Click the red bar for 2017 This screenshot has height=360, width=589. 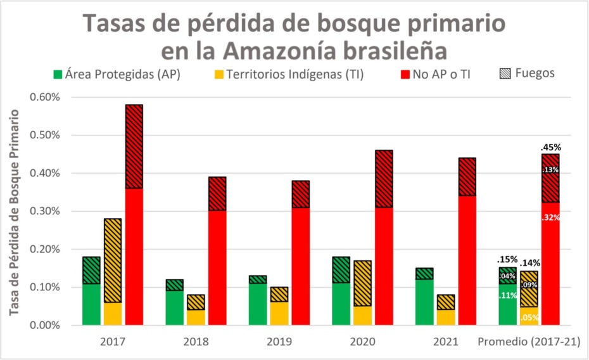(x=134, y=215)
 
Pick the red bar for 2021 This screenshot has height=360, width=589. (x=467, y=241)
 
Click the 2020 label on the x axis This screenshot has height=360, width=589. (x=362, y=342)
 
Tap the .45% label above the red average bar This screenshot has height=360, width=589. (x=551, y=147)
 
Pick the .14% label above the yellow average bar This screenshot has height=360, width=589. (x=531, y=262)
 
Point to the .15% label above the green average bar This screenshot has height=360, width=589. (x=507, y=259)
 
